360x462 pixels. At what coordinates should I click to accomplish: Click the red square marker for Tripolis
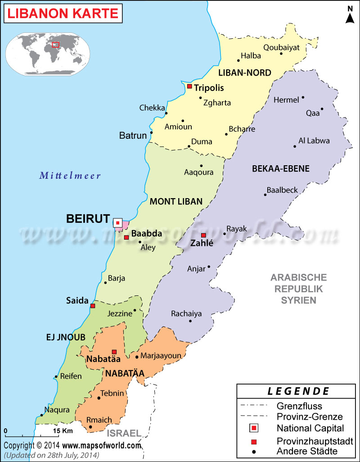coord(189,86)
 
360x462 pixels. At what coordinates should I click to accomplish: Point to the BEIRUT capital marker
coord(117,222)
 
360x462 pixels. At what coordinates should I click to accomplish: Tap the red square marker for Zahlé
coord(203,235)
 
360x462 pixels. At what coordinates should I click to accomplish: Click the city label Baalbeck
coord(282,190)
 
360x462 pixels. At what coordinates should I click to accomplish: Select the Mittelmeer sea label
coord(70,176)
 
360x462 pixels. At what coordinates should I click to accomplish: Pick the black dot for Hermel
coord(303,97)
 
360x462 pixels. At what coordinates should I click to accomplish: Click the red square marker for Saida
coord(93,306)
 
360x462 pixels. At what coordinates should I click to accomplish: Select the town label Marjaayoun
coord(161,356)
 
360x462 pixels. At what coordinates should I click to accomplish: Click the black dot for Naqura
coord(41,415)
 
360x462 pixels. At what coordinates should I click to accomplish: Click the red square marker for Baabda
coord(126,237)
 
